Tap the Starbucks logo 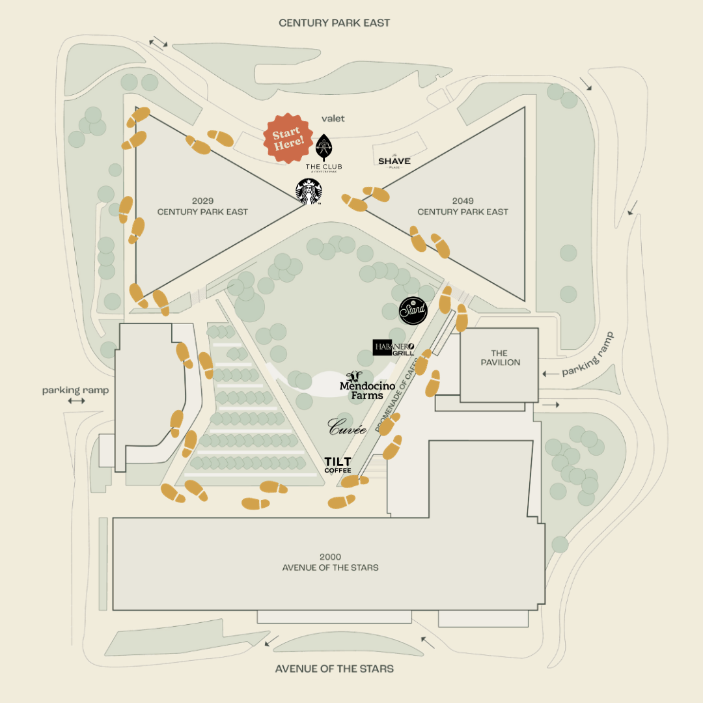[309, 192]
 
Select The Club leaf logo [324, 148]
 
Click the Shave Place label [394, 161]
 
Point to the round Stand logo [413, 310]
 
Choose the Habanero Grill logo [393, 348]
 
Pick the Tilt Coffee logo [338, 465]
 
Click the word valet [333, 118]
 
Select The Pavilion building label [501, 358]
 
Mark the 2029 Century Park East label [202, 206]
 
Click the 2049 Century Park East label [463, 206]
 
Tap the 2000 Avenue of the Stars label [330, 562]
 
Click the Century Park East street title [334, 23]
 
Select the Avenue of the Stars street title [334, 669]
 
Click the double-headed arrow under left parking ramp [76, 401]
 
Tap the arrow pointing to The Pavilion [550, 374]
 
